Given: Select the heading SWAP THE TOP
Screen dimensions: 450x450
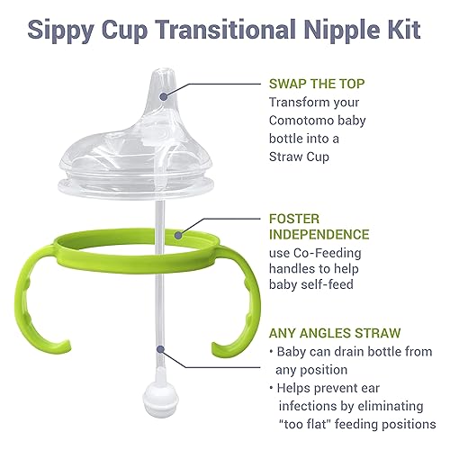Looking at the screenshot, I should pos(321,84).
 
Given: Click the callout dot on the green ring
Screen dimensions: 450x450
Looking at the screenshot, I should pos(180,236).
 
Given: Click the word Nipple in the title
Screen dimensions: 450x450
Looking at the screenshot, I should pos(328,27).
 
